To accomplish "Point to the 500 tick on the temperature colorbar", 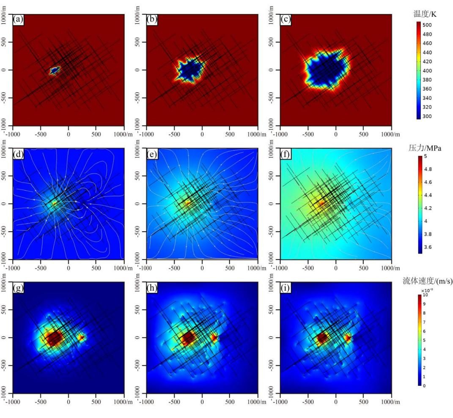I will (428, 25).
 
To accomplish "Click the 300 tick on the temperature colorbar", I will (428, 116).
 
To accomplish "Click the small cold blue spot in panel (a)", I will (54, 71).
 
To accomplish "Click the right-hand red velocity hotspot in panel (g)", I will (81, 337).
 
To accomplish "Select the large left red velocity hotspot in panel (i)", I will (321, 338).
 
